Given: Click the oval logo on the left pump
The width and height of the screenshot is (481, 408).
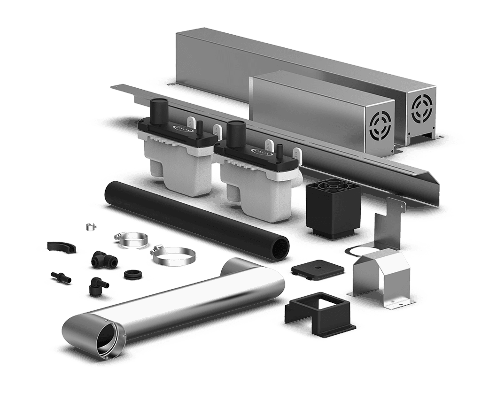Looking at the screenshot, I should pos(181,128).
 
